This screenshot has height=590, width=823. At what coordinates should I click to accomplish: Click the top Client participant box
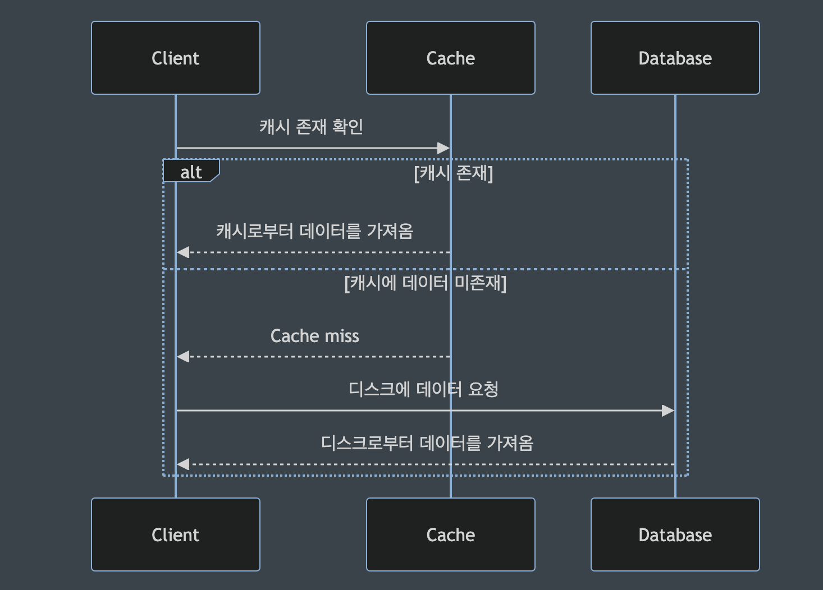175,58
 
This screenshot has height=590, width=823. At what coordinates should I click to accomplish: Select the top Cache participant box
450,58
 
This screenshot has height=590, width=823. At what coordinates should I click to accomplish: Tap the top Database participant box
675,58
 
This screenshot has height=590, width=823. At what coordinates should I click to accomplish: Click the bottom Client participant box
175,534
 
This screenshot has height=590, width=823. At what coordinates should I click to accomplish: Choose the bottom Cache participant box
450,534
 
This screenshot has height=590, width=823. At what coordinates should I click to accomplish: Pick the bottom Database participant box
675,534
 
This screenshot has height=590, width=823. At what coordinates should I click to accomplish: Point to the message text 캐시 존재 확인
311,127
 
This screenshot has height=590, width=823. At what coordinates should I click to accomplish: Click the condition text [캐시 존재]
453,173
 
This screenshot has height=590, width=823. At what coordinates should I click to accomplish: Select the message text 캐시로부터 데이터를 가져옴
314,231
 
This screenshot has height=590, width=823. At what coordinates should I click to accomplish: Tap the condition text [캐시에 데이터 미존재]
425,283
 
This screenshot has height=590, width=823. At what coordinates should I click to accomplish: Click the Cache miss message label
314,336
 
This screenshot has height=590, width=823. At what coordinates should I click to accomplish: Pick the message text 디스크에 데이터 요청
423,389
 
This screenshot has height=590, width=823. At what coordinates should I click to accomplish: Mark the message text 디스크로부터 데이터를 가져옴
427,443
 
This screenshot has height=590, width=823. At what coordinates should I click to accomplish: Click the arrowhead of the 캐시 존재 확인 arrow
443,148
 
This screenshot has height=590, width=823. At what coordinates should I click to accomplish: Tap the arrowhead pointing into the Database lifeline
668,411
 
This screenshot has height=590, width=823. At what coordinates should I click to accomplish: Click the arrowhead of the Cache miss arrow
183,356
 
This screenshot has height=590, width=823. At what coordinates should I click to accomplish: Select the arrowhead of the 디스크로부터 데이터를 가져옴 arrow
183,464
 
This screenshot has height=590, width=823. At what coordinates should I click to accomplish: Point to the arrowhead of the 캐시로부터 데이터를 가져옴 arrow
183,252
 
